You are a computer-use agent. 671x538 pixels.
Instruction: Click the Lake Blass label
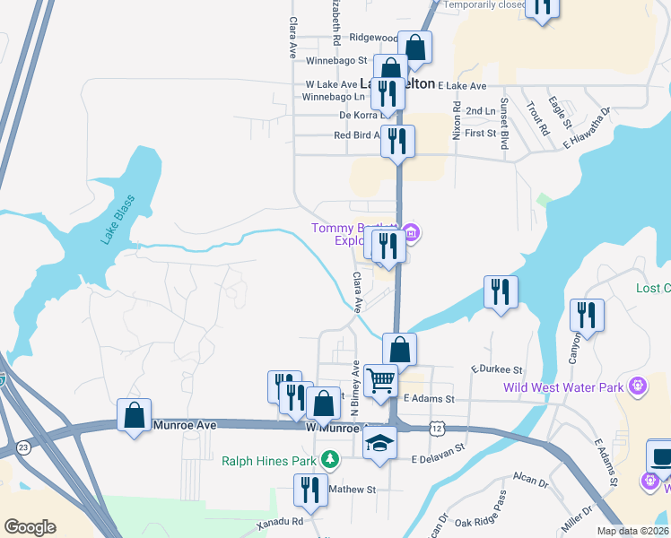point(118,220)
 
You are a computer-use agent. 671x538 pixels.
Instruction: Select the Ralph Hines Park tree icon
point(331,459)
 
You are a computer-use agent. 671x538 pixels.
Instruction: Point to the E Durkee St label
point(496,369)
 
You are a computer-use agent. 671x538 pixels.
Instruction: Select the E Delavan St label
point(438,454)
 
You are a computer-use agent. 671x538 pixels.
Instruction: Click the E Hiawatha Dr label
point(588,126)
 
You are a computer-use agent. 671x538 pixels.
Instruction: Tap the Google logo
point(30,527)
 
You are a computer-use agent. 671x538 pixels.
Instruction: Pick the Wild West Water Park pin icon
point(638,386)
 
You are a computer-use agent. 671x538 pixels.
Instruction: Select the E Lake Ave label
point(461,85)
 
